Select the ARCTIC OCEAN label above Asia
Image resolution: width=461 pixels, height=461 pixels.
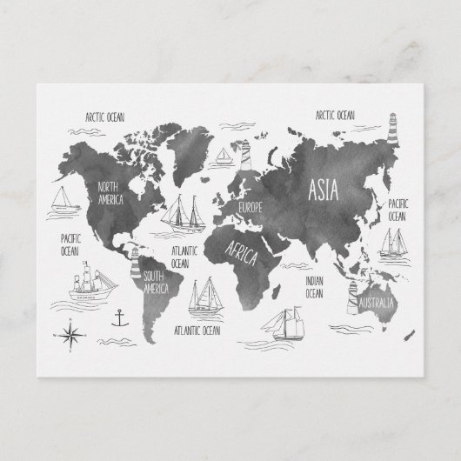335,114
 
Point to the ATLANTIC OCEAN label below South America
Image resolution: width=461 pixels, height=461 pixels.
197,331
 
